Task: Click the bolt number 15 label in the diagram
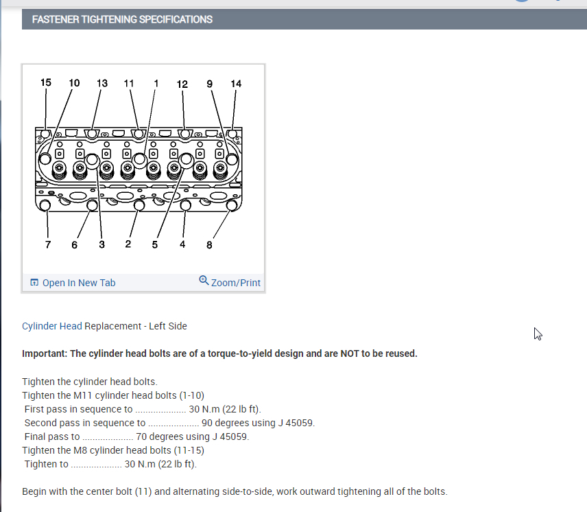click(x=46, y=82)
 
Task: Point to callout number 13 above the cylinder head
click(x=101, y=83)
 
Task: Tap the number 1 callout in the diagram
click(x=156, y=83)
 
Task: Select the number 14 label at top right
click(x=236, y=84)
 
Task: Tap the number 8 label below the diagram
click(x=209, y=244)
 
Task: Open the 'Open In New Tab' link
click(x=78, y=283)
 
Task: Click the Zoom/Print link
click(x=236, y=283)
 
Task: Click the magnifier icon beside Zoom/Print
click(x=204, y=280)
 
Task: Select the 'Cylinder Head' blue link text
click(x=52, y=326)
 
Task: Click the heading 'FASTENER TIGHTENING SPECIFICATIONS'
click(x=122, y=19)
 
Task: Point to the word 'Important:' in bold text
click(x=45, y=353)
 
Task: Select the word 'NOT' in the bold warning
click(x=347, y=353)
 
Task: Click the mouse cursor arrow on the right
click(x=538, y=334)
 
